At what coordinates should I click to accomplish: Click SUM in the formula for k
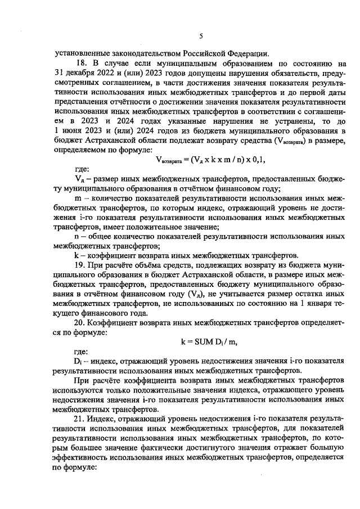click(204, 341)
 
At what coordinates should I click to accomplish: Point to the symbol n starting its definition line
click(77, 236)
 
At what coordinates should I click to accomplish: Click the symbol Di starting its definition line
click(78, 362)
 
